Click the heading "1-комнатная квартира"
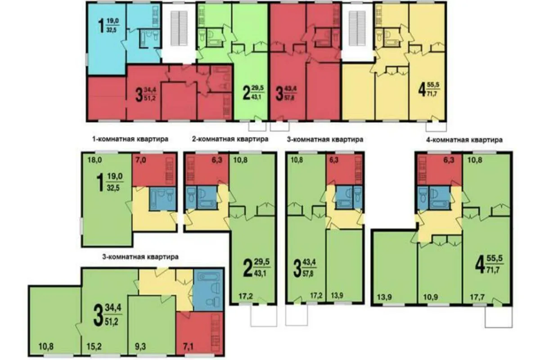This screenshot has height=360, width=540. click(x=130, y=139)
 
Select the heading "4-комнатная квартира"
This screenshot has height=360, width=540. click(x=464, y=140)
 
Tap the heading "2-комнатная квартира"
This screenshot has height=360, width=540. click(x=230, y=139)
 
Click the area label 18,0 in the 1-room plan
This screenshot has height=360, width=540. click(x=95, y=160)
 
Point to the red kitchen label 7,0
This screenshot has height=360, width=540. click(x=141, y=160)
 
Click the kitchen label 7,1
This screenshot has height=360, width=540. click(x=188, y=347)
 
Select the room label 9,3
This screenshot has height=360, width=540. click(x=140, y=347)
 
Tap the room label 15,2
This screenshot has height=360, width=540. click(x=94, y=347)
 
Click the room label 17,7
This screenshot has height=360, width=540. click(x=477, y=297)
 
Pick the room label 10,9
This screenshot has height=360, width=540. click(x=431, y=297)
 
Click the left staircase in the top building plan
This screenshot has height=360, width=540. click(x=179, y=28)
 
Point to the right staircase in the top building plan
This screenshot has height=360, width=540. click(x=357, y=28)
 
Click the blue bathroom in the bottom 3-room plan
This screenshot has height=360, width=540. click(x=208, y=290)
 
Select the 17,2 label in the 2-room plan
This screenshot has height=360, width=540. click(x=246, y=296)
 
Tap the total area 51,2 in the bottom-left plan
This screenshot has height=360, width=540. click(x=112, y=322)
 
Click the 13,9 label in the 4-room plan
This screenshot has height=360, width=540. click(x=384, y=297)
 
